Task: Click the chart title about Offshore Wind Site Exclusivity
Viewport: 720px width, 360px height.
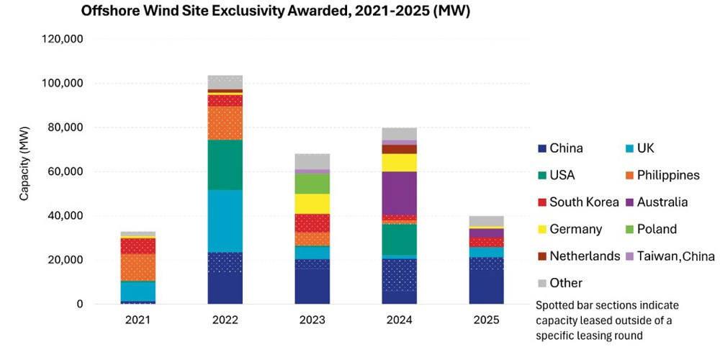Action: [x=275, y=12]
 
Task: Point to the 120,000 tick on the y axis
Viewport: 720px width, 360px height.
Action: [x=62, y=40]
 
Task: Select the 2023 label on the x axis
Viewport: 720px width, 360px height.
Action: [x=312, y=320]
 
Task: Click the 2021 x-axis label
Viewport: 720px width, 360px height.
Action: [x=138, y=320]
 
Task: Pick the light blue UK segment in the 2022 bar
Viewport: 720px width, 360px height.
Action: [x=225, y=221]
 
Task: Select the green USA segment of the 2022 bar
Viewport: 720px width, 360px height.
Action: [x=225, y=165]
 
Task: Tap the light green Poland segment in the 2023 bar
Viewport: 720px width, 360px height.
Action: [x=312, y=184]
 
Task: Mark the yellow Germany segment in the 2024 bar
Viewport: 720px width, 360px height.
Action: [x=399, y=163]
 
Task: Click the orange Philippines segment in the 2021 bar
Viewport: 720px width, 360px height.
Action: [x=138, y=267]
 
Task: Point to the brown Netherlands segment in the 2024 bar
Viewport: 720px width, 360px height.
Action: [x=399, y=149]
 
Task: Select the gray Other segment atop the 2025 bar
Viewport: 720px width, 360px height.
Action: [x=486, y=221]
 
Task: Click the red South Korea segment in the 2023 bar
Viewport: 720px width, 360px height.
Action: [x=312, y=223]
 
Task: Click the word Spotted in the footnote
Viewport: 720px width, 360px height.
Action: [x=553, y=305]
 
